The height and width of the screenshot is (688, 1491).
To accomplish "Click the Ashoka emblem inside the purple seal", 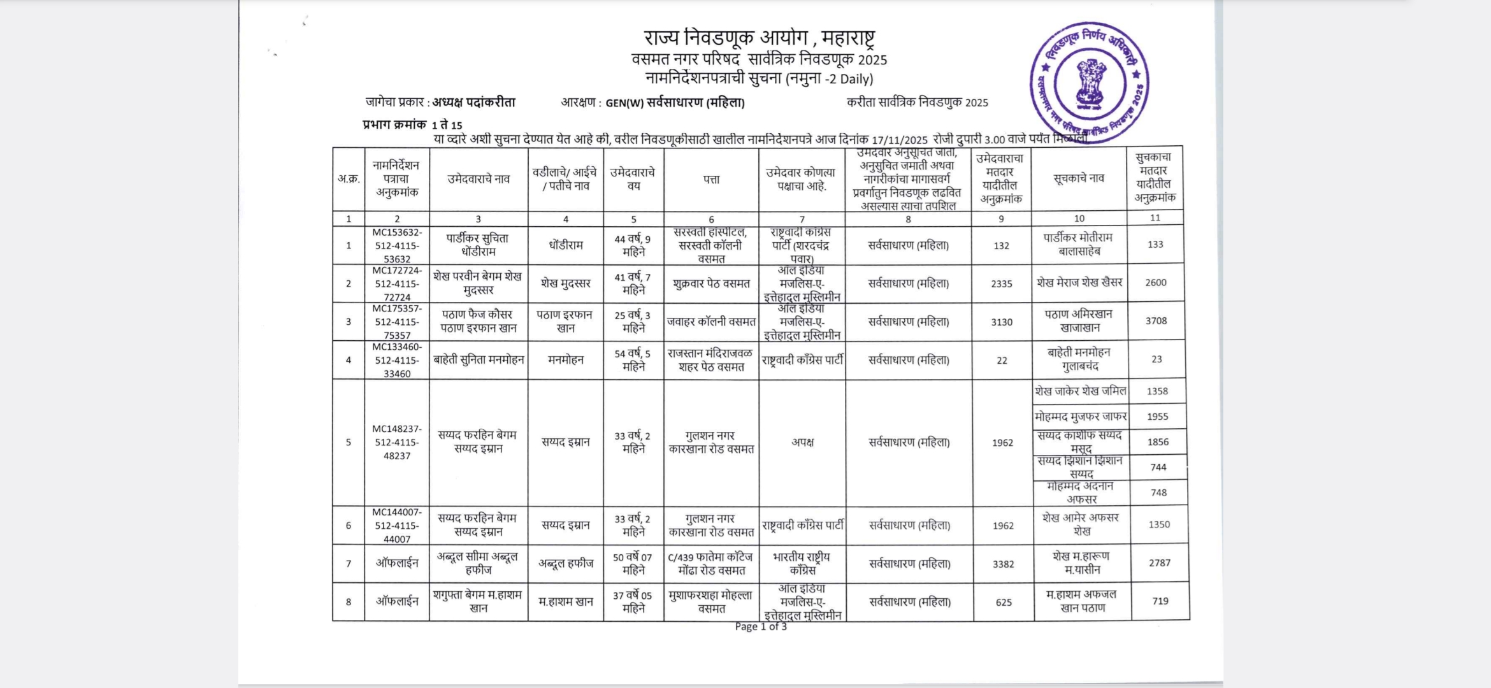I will coord(1090,83).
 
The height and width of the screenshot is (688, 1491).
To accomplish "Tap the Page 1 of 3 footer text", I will coord(761,627).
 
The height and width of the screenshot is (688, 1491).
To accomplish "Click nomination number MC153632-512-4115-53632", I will coord(397,246).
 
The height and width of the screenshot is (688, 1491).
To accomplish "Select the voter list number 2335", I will coord(1001,284).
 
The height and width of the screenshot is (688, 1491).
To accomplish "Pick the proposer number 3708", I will coord(1156,321).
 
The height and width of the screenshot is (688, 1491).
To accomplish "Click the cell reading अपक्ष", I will coord(802,442).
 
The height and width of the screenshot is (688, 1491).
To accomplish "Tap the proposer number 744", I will coord(1158,467).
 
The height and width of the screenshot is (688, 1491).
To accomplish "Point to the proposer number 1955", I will coord(1157,417).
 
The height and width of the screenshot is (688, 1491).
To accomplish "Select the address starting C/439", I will coord(711,564).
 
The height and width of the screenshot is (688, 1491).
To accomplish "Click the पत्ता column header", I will coord(711,180).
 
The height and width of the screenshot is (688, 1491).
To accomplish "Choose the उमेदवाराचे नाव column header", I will coord(479,180).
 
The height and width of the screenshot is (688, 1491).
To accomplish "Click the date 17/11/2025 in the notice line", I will coord(899,140).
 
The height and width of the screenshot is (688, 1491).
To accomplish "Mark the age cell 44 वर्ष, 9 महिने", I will coord(633,246).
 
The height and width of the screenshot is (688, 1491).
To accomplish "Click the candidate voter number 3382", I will coord(1003,564).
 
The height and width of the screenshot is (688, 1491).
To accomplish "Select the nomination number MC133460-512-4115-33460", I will coord(397,361).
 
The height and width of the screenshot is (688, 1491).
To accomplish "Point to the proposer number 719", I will coord(1160,601).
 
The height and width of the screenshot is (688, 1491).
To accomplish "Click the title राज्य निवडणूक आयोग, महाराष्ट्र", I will coord(759,38).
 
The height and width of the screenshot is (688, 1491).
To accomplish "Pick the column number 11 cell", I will coord(1155,218).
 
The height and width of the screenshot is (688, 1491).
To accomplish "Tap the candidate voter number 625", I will coord(1004,602).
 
